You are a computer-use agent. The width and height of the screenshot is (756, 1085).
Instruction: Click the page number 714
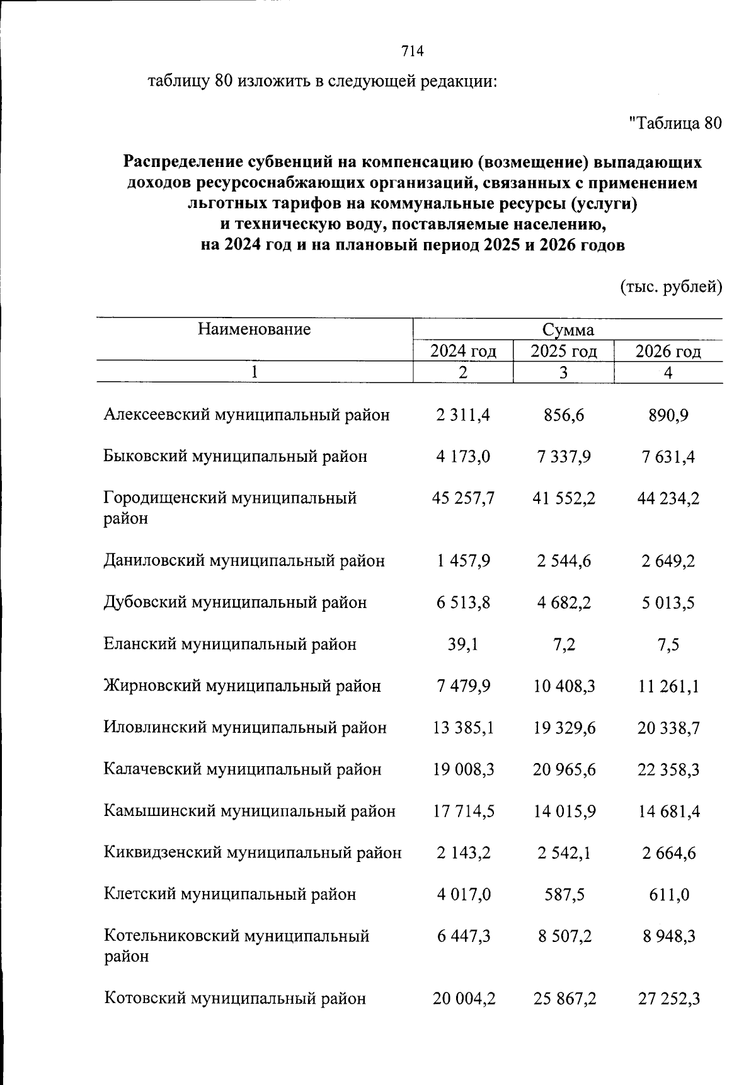tap(413, 51)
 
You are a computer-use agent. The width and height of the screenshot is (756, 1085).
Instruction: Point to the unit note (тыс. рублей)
tap(671, 287)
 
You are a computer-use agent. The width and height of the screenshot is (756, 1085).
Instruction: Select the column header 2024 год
tap(463, 351)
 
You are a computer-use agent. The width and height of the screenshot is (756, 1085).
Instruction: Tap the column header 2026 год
tap(668, 351)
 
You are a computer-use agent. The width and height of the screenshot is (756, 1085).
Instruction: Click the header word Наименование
tap(254, 329)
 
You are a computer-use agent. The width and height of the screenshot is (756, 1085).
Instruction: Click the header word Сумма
tap(568, 330)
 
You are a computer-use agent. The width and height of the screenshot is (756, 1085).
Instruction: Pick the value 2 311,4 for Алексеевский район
tap(463, 415)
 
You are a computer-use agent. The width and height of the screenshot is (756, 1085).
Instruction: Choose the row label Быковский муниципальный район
tap(235, 456)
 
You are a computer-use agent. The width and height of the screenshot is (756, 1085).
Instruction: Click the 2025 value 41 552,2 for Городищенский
tap(564, 498)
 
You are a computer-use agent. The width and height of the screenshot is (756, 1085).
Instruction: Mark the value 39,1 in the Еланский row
tap(463, 644)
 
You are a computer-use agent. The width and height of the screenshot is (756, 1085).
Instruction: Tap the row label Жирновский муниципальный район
tap(242, 686)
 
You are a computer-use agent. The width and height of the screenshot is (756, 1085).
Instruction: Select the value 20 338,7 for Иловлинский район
tap(668, 728)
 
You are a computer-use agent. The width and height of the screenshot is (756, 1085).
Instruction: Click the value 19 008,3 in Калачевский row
tap(464, 769)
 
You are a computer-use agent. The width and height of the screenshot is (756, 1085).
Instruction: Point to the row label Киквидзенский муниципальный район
tap(252, 852)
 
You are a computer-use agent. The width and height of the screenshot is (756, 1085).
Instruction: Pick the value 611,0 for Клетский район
tap(669, 894)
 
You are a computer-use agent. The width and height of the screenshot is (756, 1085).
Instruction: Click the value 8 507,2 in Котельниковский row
tap(564, 936)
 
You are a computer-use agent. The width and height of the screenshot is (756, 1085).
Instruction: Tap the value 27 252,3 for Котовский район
tap(669, 999)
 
